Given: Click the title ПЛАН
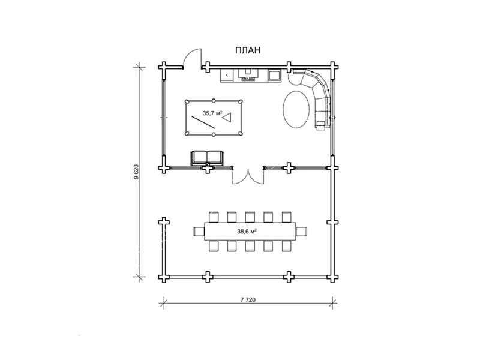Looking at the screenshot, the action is click(x=248, y=50).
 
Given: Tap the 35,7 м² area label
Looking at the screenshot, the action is click(x=212, y=113).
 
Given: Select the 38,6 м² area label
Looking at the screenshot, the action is click(x=247, y=232).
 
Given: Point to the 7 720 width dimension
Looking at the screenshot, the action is click(x=248, y=299).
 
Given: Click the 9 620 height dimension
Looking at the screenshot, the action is click(x=136, y=172).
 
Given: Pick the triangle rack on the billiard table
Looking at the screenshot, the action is click(x=227, y=118).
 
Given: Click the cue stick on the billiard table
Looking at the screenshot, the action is click(x=204, y=122).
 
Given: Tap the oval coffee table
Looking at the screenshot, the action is click(x=296, y=109).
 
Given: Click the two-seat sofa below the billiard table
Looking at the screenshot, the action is click(x=207, y=158).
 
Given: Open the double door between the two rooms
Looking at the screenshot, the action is click(x=248, y=176).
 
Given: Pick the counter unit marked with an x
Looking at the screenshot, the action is click(x=227, y=76).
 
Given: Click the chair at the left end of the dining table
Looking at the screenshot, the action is click(x=199, y=231).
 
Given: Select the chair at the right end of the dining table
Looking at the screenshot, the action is click(x=302, y=231).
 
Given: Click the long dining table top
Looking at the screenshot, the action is click(x=250, y=232).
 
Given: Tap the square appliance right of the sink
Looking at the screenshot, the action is click(x=274, y=76).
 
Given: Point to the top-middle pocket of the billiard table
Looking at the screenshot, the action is click(x=214, y=101).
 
